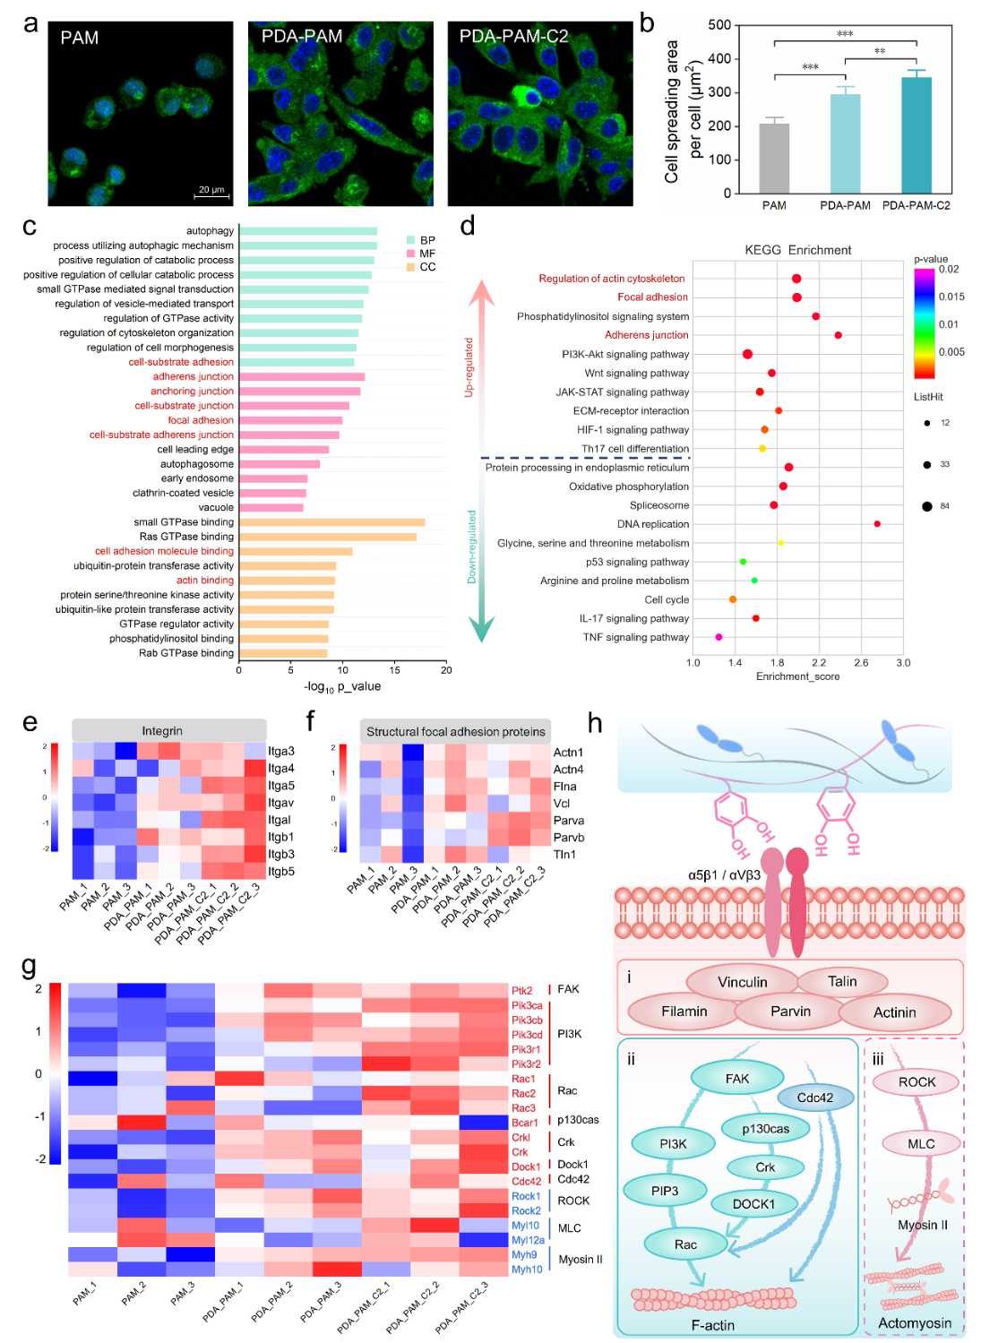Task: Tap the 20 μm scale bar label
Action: pyautogui.click(x=211, y=189)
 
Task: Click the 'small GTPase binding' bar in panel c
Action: pyautogui.click(x=331, y=522)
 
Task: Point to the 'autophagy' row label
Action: pyautogui.click(x=210, y=231)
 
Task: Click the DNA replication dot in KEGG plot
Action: pyautogui.click(x=877, y=524)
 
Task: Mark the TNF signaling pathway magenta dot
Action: pyautogui.click(x=719, y=637)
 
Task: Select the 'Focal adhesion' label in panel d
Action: pyautogui.click(x=652, y=297)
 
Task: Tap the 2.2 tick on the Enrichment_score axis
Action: pyautogui.click(x=819, y=663)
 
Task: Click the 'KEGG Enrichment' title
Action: pyautogui.click(x=797, y=250)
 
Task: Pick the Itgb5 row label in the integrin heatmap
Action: pyautogui.click(x=281, y=871)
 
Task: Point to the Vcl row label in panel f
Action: pyautogui.click(x=562, y=804)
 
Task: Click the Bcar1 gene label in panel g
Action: pyautogui.click(x=525, y=1123)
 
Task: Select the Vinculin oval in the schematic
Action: pyautogui.click(x=742, y=982)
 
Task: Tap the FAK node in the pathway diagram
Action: pyautogui.click(x=737, y=1079)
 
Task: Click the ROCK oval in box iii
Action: pyautogui.click(x=916, y=1082)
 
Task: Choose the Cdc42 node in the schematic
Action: pyautogui.click(x=815, y=1098)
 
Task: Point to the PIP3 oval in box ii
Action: pyautogui.click(x=665, y=1191)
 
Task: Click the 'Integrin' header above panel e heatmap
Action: pyautogui.click(x=162, y=731)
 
